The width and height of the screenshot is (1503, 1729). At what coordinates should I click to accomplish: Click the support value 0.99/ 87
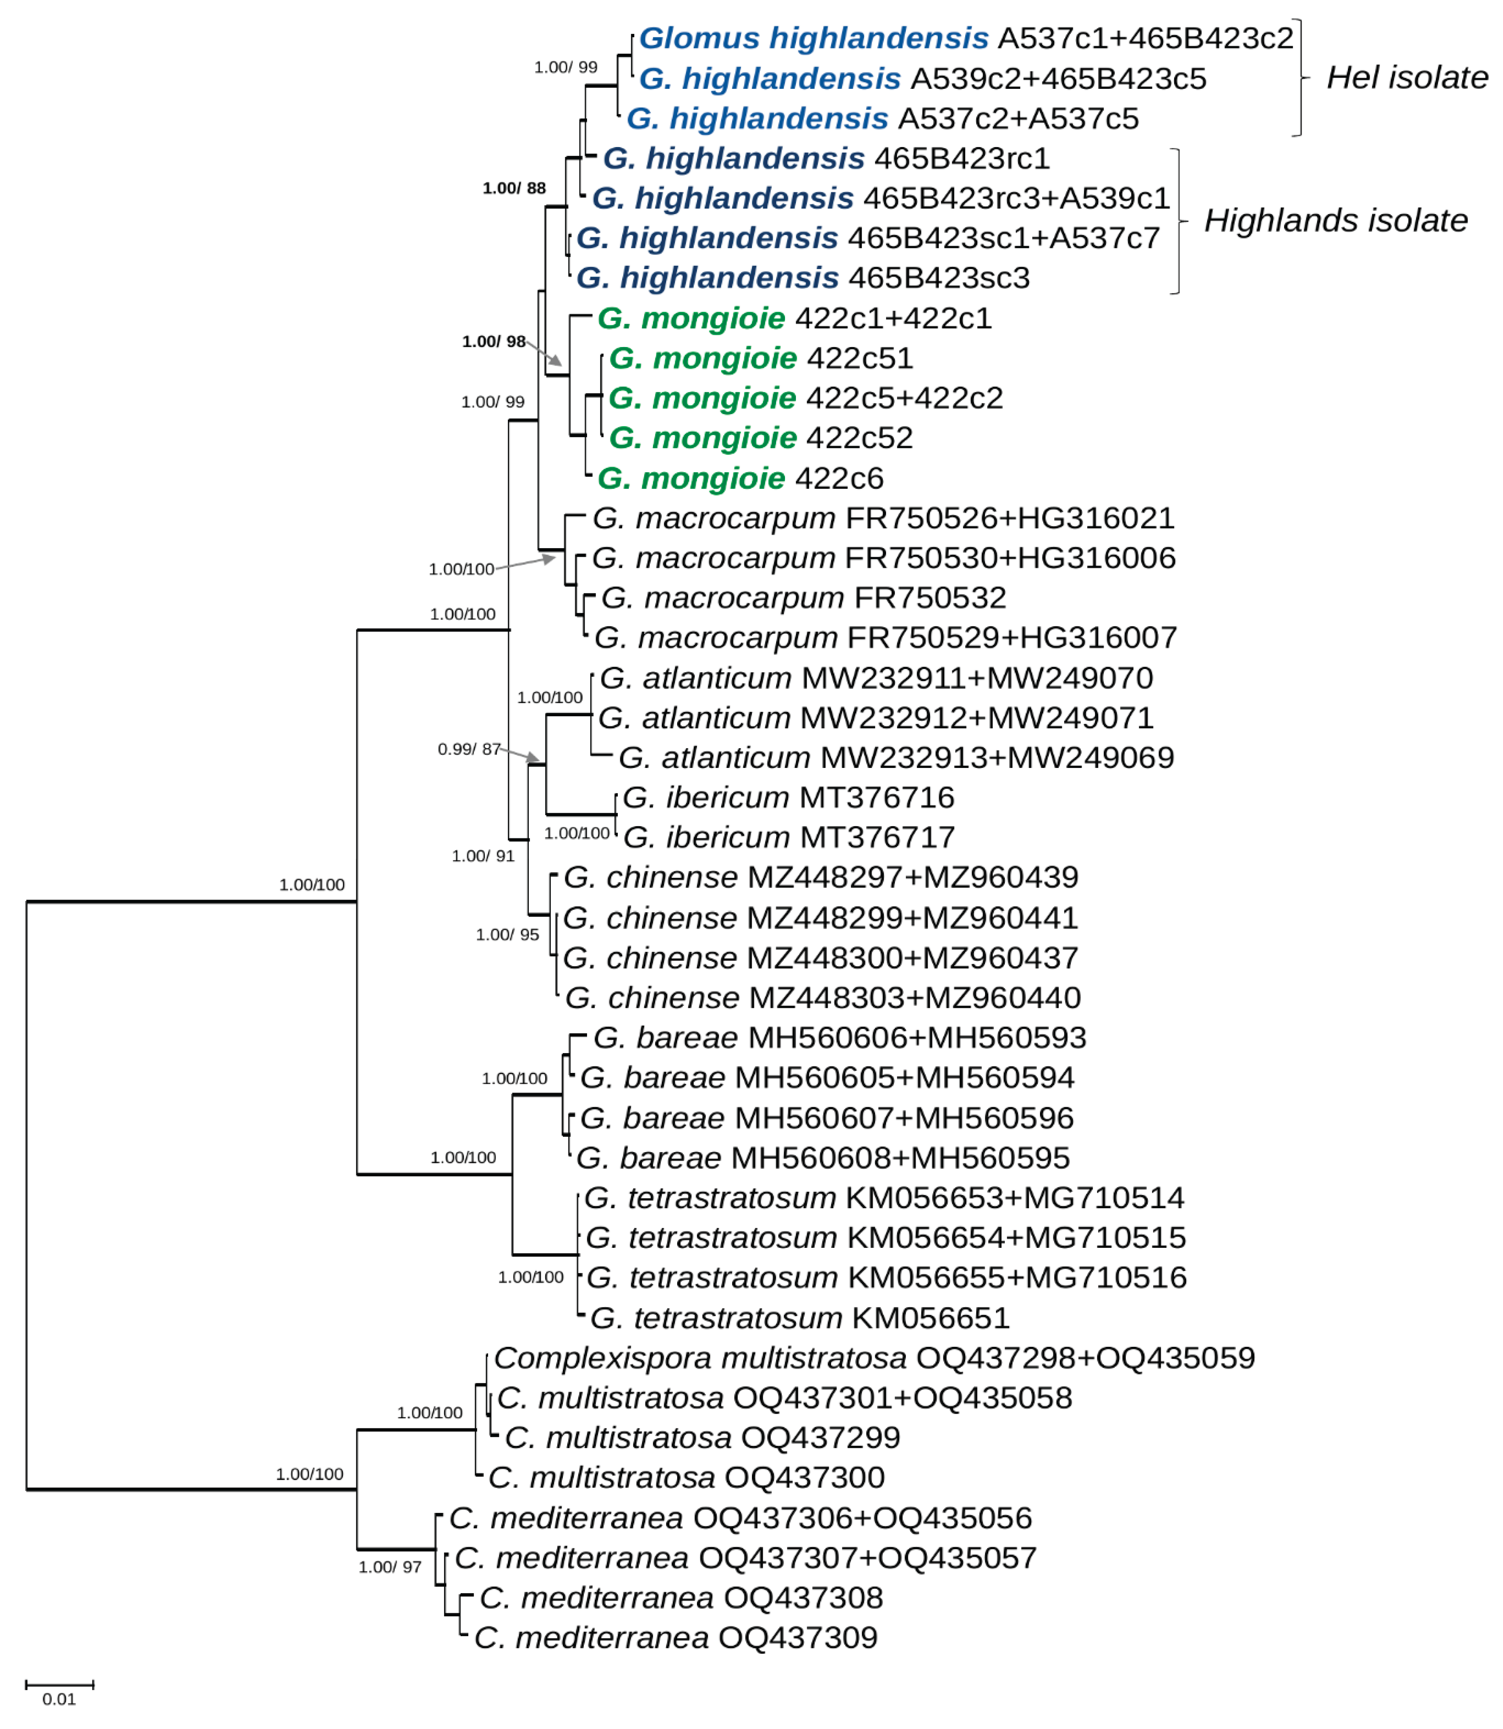(x=469, y=749)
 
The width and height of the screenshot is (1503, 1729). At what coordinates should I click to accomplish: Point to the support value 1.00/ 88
(x=513, y=188)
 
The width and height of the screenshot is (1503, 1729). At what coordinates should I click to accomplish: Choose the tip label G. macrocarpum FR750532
(x=804, y=598)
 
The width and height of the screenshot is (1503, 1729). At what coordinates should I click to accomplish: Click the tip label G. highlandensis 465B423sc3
(x=803, y=278)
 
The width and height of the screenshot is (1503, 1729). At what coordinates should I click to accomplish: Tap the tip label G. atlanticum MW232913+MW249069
(x=896, y=757)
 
